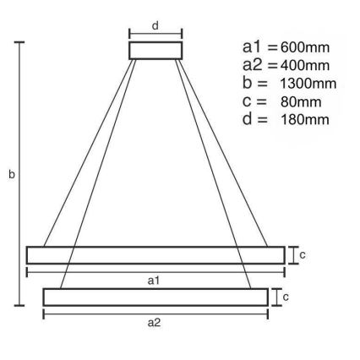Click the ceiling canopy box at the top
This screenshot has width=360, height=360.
[155, 50]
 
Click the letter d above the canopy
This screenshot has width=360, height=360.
[155, 25]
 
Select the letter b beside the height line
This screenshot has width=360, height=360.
[10, 175]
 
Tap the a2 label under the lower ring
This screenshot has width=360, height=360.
[155, 322]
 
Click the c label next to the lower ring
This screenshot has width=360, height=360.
[286, 297]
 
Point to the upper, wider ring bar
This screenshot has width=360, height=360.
[155, 254]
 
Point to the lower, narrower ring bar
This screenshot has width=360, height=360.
[155, 297]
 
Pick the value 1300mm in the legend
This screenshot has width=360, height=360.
[308, 83]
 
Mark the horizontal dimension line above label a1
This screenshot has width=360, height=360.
[155, 271]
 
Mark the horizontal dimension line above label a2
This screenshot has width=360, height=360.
[155, 313]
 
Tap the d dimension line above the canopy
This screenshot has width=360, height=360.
[155, 35]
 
